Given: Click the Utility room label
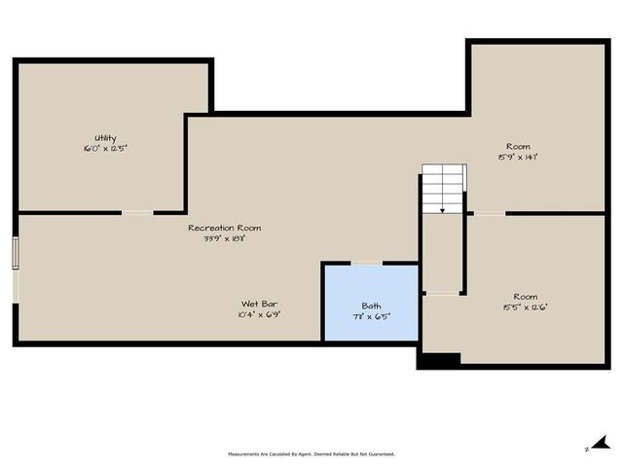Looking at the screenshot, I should click(x=105, y=138).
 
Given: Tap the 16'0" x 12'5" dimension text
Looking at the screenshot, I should click(x=105, y=149).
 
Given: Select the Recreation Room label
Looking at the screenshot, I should click(x=224, y=228).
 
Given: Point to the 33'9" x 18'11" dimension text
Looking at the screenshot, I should click(x=224, y=238).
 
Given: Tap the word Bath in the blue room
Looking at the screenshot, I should click(x=371, y=306).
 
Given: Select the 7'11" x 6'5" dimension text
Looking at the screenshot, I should click(x=371, y=317).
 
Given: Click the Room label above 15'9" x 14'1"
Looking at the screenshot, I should click(x=517, y=145).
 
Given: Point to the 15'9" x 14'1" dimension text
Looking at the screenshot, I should click(x=517, y=156).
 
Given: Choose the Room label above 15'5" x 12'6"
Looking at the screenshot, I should click(x=525, y=297).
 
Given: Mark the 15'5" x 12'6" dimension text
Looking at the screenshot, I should click(x=525, y=307).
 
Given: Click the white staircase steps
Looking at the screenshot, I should click(x=444, y=185).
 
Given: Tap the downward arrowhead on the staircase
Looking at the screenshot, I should click(x=444, y=209).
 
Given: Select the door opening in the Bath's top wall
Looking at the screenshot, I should click(x=366, y=263).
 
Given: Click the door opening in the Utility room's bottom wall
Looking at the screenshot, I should click(x=137, y=212).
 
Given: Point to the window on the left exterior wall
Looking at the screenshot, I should click(x=15, y=253).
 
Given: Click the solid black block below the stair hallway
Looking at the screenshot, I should click(x=438, y=359).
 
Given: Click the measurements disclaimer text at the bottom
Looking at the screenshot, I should click(x=311, y=453).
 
